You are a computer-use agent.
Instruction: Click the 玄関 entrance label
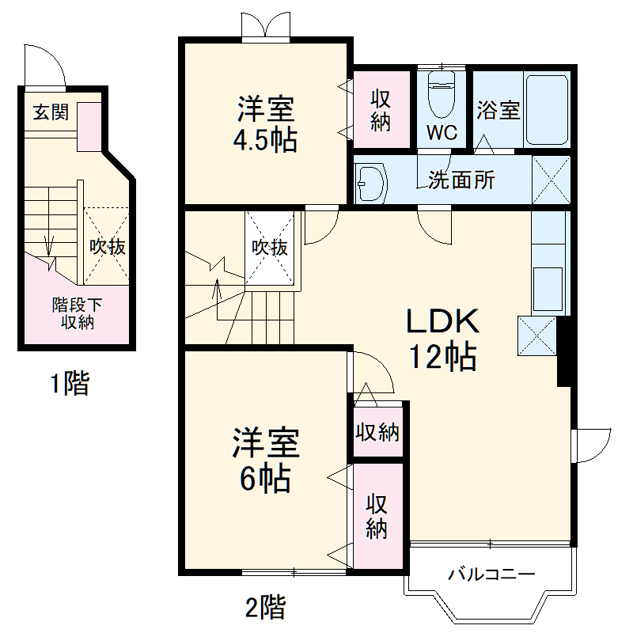coord(50,112)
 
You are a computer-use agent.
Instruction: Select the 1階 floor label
coord(70,385)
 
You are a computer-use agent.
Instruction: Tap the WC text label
coord(442,132)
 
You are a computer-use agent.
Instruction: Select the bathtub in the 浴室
coord(547,110)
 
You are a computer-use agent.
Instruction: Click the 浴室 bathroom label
coord(498,110)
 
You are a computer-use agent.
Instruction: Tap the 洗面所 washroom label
coord(461,180)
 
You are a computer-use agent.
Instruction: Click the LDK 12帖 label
coord(442,339)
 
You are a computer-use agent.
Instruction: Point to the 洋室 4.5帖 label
coord(264,123)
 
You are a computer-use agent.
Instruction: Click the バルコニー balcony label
coord(492,574)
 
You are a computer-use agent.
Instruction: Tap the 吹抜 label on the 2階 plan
coord(269,247)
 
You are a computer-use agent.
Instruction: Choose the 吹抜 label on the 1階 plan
coord(106,247)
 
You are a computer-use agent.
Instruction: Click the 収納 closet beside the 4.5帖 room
coord(381,111)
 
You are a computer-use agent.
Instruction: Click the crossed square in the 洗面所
coord(551,180)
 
